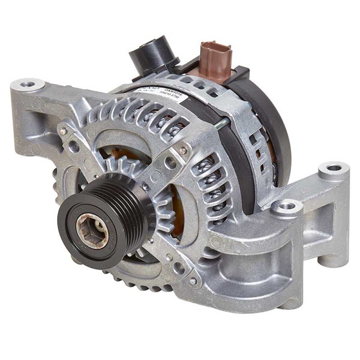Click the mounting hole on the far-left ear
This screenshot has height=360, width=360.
tap(28, 85)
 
